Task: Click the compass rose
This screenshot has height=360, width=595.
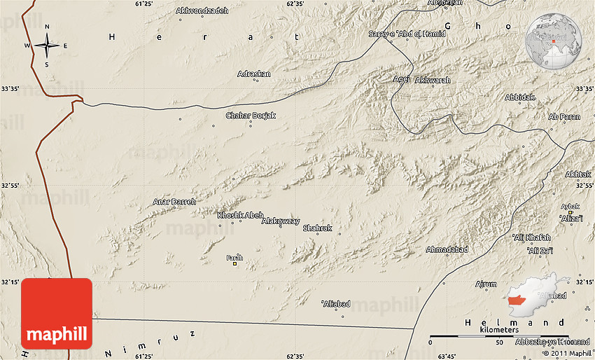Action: [x=47, y=46]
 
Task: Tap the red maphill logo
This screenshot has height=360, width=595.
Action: [x=57, y=313]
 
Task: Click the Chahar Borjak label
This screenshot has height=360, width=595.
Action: [x=251, y=116]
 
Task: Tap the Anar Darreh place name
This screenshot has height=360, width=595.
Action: [x=174, y=202]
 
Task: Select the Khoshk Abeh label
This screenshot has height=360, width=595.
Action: [x=240, y=215]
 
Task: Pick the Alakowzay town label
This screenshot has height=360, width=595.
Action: [x=280, y=221]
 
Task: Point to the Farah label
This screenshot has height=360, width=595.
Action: [x=234, y=258]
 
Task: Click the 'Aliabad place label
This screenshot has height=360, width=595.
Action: [x=335, y=303]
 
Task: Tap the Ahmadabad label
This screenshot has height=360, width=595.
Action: [x=446, y=249]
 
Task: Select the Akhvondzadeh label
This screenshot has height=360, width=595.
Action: [x=203, y=11]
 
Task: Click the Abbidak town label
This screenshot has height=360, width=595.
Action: [x=519, y=97]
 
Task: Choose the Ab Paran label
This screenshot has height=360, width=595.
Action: [x=564, y=117]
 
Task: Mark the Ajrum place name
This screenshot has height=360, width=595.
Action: [x=486, y=284]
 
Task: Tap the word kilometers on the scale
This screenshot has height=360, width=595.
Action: [x=499, y=329]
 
